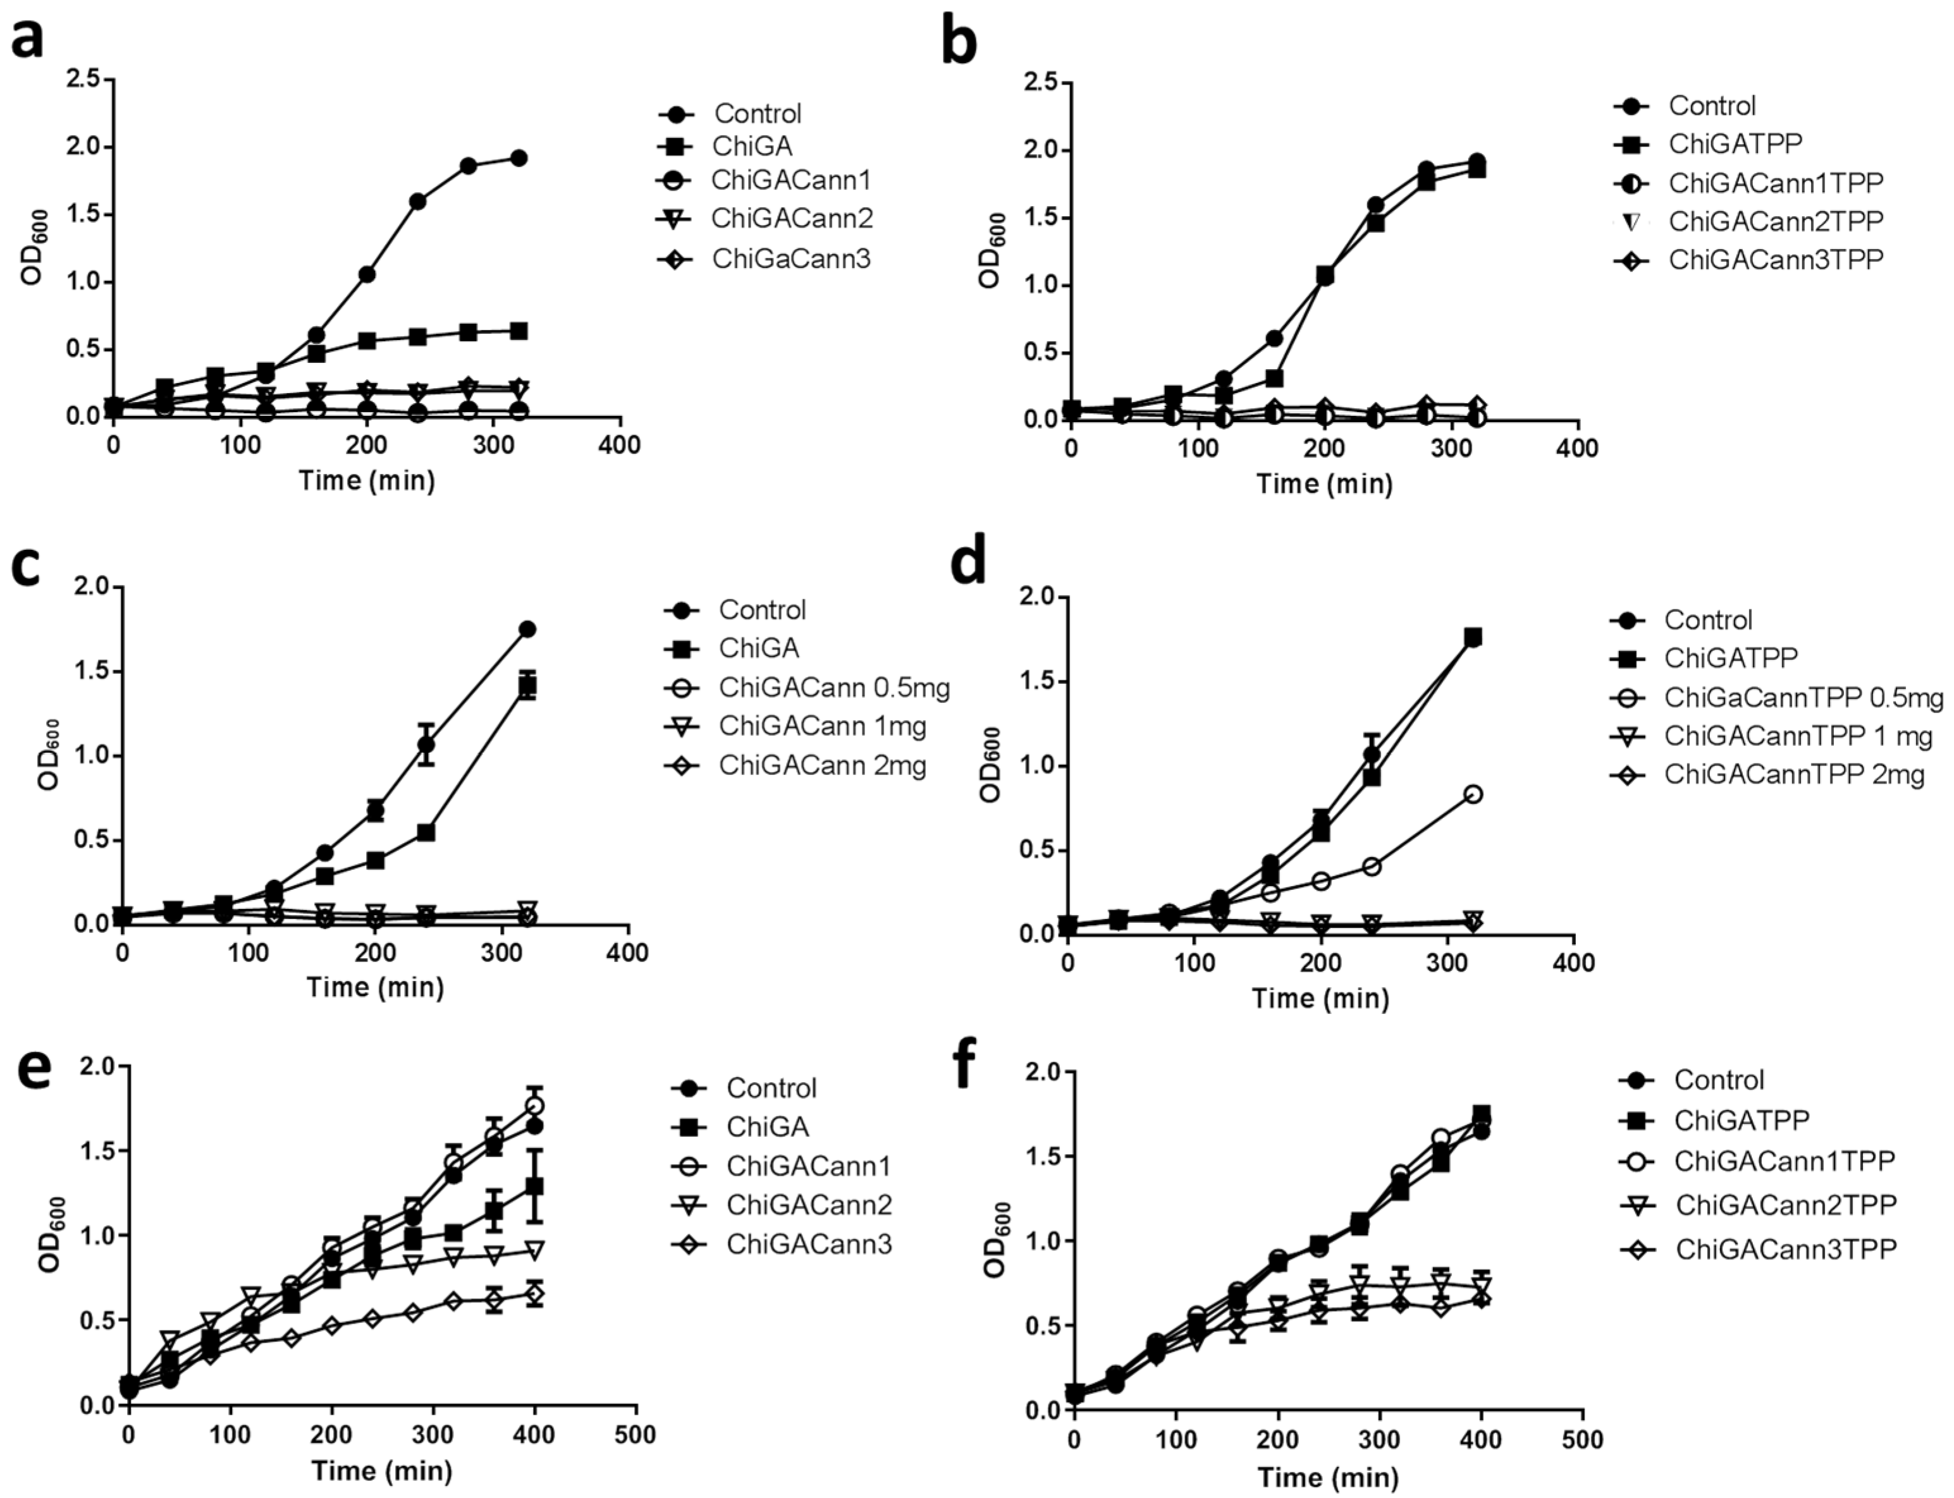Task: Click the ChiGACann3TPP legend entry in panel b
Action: pyautogui.click(x=1775, y=260)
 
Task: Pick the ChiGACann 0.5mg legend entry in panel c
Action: pyautogui.click(x=834, y=688)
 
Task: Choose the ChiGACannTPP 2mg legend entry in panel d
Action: pyautogui.click(x=1793, y=774)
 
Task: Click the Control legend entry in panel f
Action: pyautogui.click(x=1717, y=1080)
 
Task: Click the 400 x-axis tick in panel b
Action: pyautogui.click(x=1576, y=448)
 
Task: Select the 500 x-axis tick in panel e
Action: pyautogui.click(x=636, y=1435)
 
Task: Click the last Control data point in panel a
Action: pyautogui.click(x=518, y=159)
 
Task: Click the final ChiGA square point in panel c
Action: pyautogui.click(x=528, y=686)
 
